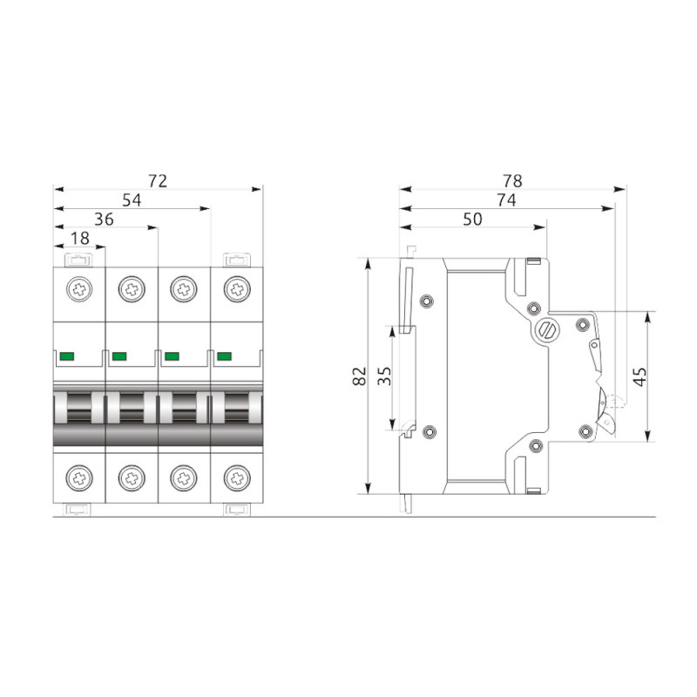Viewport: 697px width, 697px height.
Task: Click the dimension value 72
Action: [x=158, y=181]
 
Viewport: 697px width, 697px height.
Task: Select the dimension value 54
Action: [x=132, y=200]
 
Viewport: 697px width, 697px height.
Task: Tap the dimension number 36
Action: [x=104, y=220]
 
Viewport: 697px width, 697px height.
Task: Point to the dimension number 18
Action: [x=80, y=239]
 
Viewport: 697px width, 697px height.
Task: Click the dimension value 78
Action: [x=512, y=181]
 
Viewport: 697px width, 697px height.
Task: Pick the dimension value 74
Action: [x=507, y=200]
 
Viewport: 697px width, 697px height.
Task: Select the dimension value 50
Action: [x=472, y=220]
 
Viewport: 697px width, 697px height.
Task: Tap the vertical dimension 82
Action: [x=359, y=376]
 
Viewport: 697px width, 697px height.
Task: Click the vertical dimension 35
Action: [x=384, y=376]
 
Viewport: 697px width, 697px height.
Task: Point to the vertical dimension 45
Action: [x=639, y=377]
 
